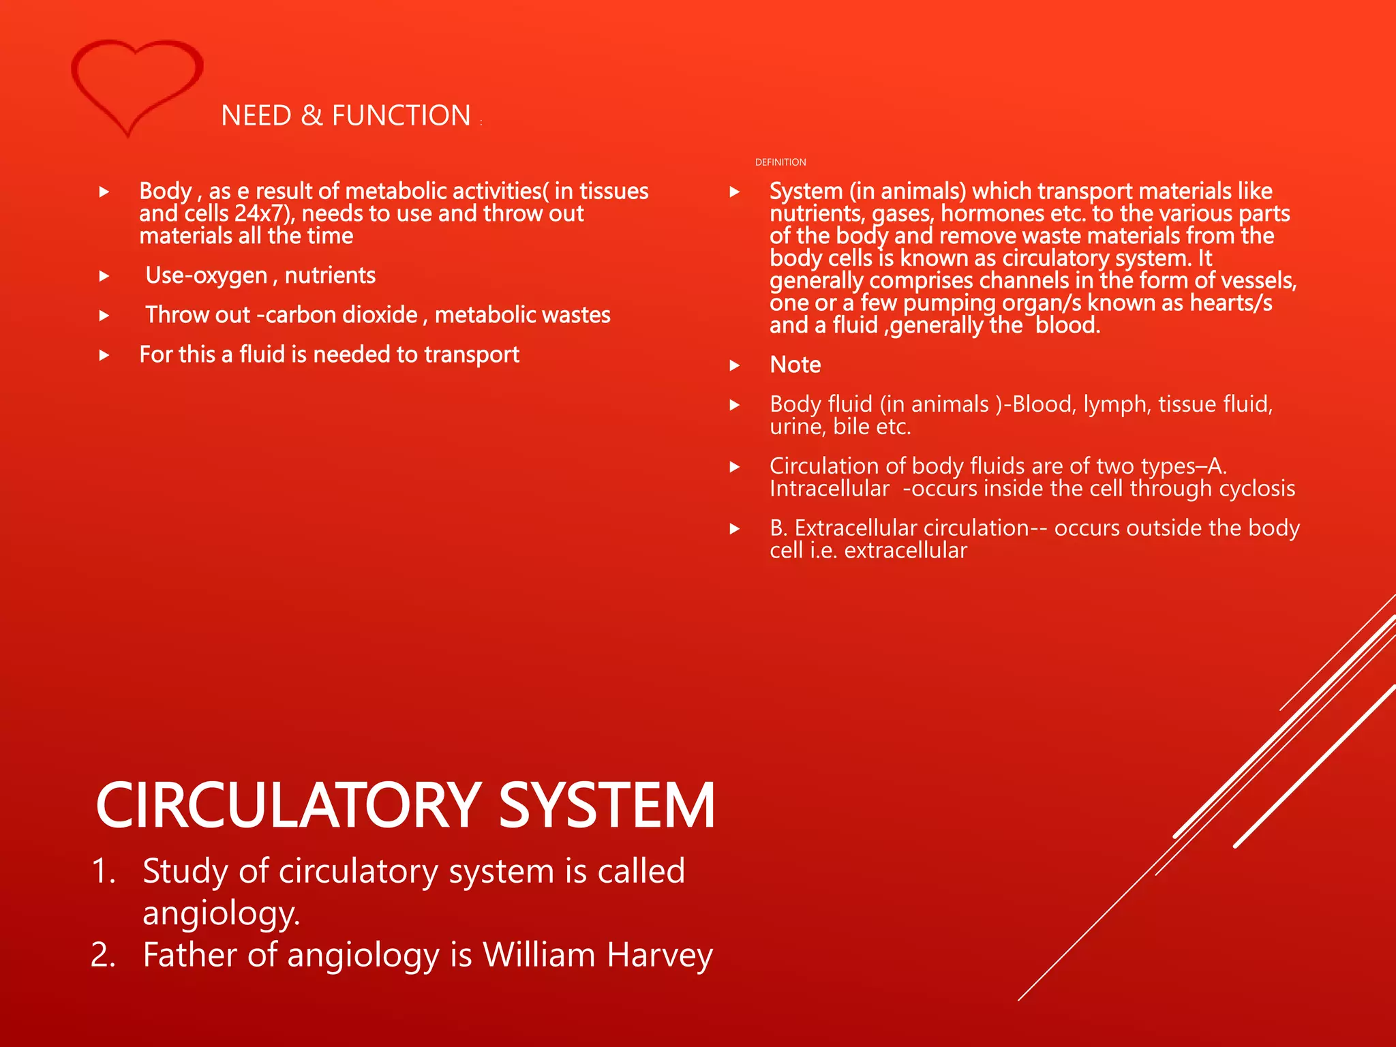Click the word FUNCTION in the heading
tap(401, 116)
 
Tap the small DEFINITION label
tap(780, 162)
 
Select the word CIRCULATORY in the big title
tap(289, 806)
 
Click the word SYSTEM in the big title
tap(607, 806)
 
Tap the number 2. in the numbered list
tap(103, 954)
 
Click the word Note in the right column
tap(795, 365)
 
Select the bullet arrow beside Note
tap(735, 365)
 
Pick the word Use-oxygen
tap(207, 275)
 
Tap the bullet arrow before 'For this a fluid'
tap(104, 355)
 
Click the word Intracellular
tap(829, 489)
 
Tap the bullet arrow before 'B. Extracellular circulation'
tap(735, 529)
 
